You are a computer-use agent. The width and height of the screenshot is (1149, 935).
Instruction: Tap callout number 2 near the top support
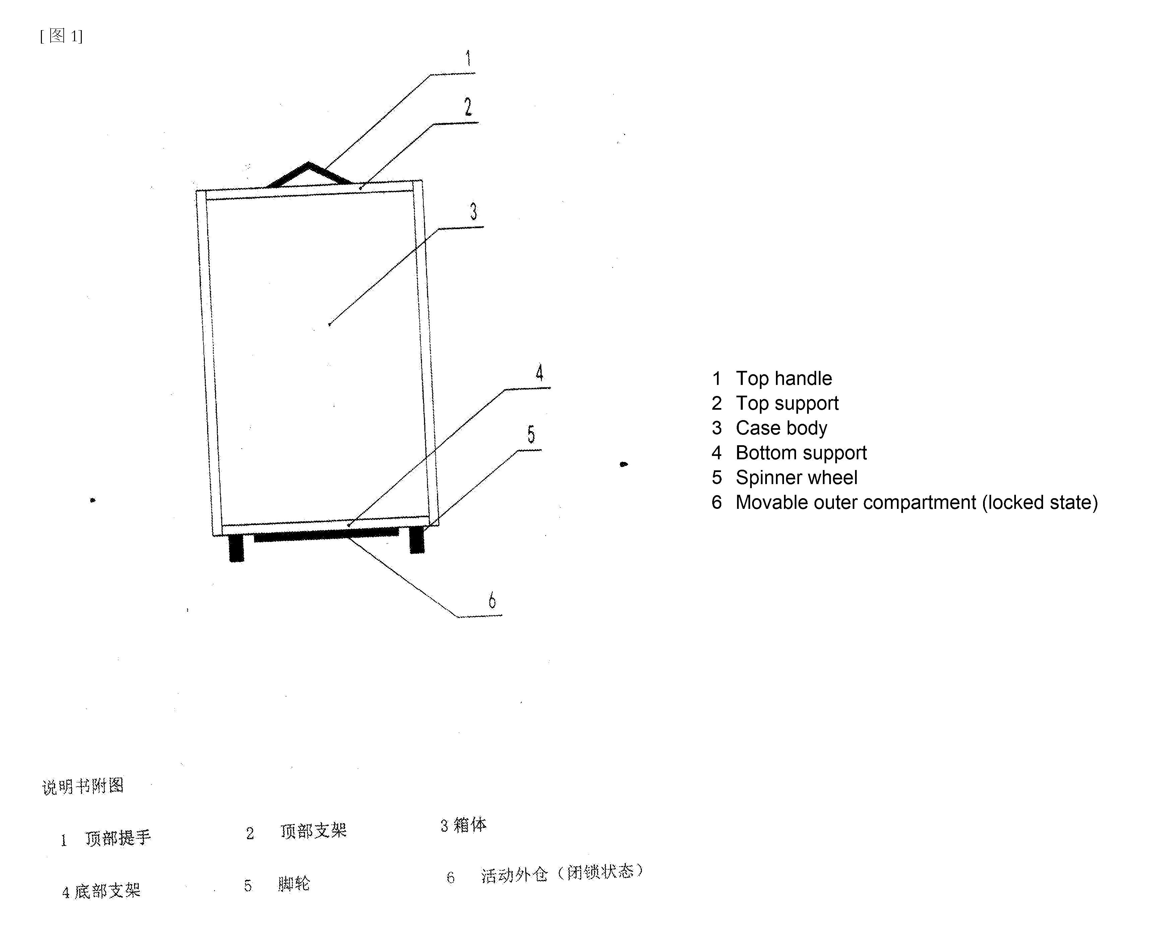[x=468, y=107]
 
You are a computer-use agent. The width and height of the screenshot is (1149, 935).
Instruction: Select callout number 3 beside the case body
[x=474, y=211]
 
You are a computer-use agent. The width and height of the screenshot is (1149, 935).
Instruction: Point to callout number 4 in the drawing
[x=539, y=372]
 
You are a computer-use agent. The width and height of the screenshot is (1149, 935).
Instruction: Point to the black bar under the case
[x=326, y=534]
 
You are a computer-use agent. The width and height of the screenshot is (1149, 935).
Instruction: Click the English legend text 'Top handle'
[x=784, y=379]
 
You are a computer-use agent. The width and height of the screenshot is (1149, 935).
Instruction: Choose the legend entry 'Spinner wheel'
[x=796, y=478]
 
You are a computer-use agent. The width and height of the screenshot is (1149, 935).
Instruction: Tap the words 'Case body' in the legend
[x=781, y=428]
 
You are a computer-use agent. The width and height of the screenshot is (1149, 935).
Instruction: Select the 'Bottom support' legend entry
[x=801, y=453]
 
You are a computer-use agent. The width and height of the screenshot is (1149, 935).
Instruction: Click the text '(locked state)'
[x=1040, y=503]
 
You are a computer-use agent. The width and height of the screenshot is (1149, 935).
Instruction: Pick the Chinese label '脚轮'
[x=294, y=884]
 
